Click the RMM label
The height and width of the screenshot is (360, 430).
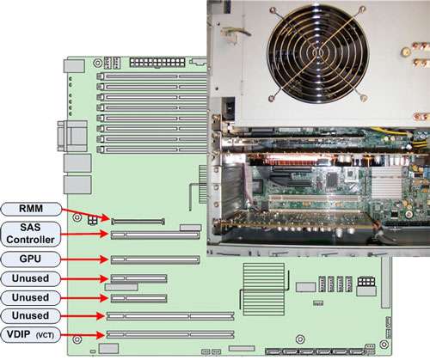(x=31, y=209)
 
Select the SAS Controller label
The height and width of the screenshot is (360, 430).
(x=31, y=234)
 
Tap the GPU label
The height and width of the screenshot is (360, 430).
(x=31, y=259)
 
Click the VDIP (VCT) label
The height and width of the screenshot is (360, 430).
(x=31, y=334)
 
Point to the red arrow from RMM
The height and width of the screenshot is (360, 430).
(x=86, y=214)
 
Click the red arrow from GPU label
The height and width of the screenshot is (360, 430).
(x=84, y=259)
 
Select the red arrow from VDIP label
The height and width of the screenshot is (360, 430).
(x=83, y=335)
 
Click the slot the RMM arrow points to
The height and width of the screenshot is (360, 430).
(x=138, y=221)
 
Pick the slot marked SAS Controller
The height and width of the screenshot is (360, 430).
(x=155, y=235)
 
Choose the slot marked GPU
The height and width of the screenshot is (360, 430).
(x=155, y=259)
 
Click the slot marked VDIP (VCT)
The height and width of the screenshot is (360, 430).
(x=170, y=334)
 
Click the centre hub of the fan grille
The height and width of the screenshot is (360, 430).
(x=318, y=53)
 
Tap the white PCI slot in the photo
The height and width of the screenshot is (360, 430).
(x=314, y=198)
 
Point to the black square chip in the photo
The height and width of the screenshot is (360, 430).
(x=332, y=179)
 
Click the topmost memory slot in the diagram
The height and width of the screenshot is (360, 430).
(x=152, y=76)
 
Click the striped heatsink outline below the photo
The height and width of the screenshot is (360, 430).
(x=264, y=290)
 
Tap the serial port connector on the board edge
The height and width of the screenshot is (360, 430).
(x=72, y=136)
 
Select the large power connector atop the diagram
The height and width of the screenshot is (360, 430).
(x=157, y=62)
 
